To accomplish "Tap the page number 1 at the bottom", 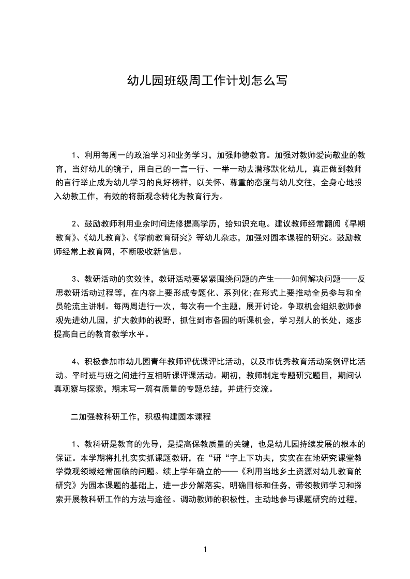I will click(205, 550).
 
